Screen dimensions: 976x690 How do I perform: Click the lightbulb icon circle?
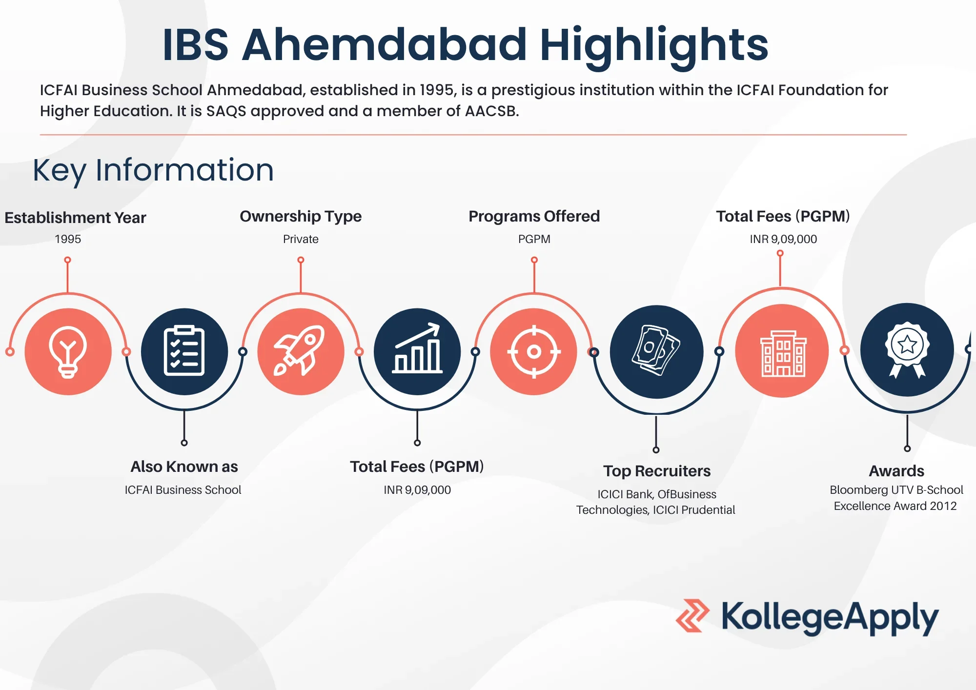68,352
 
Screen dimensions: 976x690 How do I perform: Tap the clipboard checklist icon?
184,351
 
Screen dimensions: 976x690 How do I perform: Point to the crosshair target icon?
534,351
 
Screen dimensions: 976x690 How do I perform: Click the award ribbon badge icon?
907,349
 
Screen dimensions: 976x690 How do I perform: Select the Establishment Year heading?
75,218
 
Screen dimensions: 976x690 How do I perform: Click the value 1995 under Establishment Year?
68,239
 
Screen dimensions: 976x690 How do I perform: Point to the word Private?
301,239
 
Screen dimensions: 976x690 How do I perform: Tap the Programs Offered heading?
534,216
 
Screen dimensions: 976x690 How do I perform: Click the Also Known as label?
184,467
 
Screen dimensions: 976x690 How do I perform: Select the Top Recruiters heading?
657,471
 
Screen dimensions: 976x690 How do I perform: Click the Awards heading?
896,471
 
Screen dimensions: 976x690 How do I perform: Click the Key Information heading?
153,170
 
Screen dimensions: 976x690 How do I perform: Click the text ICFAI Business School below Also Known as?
183,490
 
